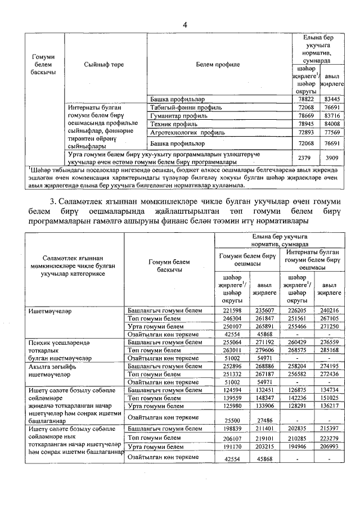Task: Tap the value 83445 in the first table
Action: [x=332, y=98]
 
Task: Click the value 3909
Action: [x=332, y=157]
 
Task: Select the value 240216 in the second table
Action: [x=329, y=310]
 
